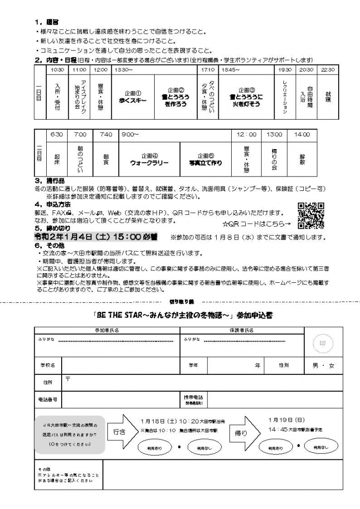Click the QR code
point(311,215)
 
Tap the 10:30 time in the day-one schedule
point(57,70)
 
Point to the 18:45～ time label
point(231,70)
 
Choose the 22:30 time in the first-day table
point(328,70)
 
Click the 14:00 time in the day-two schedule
point(301,135)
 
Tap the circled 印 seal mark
point(321,342)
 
